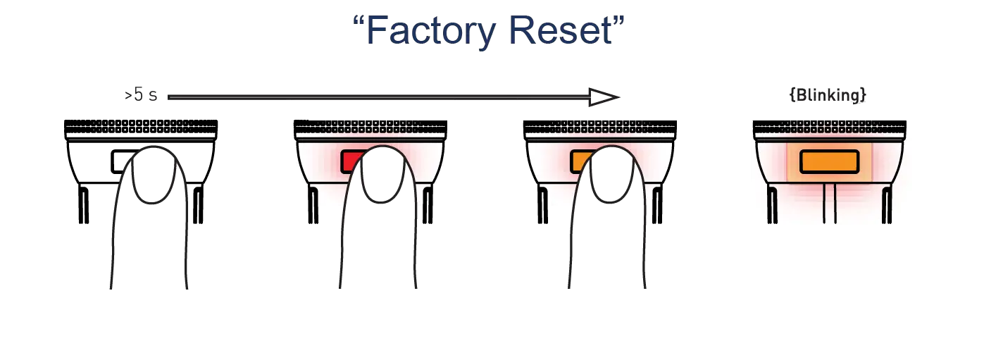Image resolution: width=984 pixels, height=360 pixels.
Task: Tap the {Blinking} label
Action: [827, 96]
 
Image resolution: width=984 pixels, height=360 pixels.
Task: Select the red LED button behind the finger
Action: [351, 161]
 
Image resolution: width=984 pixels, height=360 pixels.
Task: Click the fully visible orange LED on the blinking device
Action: [828, 161]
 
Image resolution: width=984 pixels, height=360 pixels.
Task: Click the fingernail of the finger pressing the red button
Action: [382, 175]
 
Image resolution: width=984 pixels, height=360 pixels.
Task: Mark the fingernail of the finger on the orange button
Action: [612, 175]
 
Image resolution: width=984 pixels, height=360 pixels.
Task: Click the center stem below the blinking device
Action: [829, 204]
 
